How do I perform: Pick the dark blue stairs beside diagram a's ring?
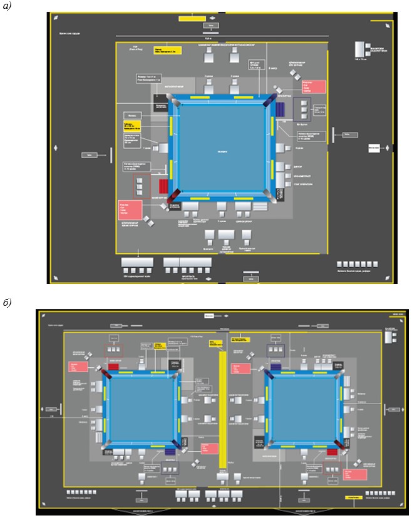click(281, 110)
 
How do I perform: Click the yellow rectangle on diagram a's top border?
click(188, 19)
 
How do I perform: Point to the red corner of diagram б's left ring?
click(106, 373)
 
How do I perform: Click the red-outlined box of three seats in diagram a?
click(141, 186)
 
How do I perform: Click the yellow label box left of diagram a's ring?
click(133, 126)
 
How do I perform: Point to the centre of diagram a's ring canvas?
click(223, 150)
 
